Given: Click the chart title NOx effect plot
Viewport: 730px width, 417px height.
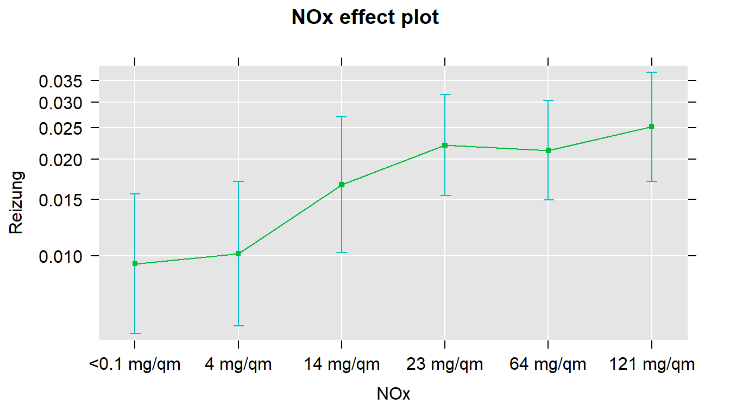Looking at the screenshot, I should coord(365,18).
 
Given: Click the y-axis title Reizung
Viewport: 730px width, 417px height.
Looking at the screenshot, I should coord(17,203).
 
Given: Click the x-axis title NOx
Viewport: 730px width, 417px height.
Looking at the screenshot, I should coord(393,395).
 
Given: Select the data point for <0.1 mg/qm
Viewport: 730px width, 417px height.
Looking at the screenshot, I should coord(135,264).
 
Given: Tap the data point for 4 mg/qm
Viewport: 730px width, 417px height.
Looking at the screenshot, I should coord(238,254).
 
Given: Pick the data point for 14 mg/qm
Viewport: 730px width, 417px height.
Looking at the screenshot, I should coord(342,185).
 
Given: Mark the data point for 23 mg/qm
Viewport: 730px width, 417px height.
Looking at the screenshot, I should coord(445,145).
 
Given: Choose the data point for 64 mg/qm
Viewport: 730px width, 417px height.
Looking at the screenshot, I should coord(548,150).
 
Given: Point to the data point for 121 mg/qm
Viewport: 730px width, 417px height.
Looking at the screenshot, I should coord(651,127).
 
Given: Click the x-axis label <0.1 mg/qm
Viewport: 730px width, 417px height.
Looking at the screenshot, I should coord(135,364).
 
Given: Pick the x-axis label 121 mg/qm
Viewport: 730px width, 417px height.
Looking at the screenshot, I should coord(651,364).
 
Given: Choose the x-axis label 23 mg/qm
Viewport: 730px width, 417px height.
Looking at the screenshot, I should coord(445,364).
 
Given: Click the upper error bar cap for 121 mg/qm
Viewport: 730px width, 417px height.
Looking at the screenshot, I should coord(651,72).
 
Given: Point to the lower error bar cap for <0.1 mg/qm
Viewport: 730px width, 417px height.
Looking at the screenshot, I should coord(135,333).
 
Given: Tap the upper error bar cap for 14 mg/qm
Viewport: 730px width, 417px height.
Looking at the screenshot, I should coord(342,117).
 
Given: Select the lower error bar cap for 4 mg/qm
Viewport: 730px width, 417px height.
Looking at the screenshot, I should coord(238,326).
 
